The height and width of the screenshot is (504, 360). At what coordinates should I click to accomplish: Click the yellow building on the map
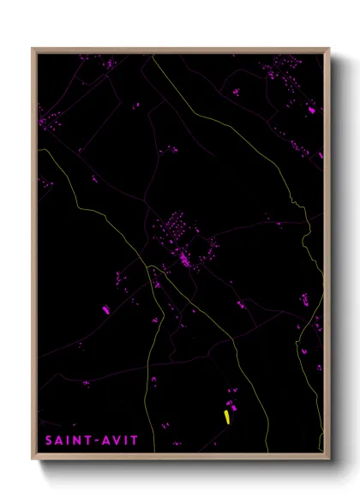point(226,417)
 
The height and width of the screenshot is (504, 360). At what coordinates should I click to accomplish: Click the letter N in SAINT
point(75,441)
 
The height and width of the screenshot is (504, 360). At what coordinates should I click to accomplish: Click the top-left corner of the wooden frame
point(33,48)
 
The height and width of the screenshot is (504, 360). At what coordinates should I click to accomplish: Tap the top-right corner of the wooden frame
point(329,48)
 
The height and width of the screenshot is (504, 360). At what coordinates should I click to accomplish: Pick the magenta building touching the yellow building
point(231,405)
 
